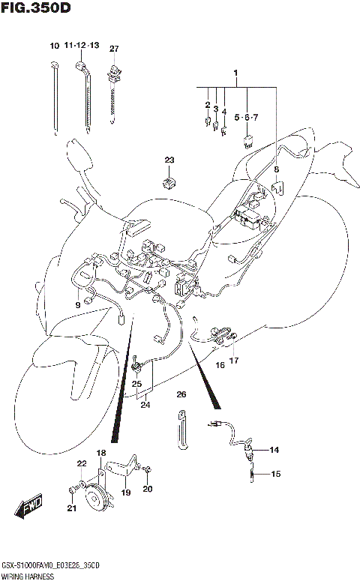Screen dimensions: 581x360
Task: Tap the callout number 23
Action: (169, 160)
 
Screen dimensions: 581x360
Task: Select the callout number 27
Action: (114, 49)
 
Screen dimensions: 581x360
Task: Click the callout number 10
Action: (54, 46)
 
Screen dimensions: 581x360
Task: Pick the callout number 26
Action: (181, 394)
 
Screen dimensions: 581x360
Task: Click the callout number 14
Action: (274, 450)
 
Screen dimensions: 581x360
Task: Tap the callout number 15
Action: (274, 474)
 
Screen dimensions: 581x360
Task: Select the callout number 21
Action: (71, 509)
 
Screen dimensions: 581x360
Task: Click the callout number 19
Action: (125, 493)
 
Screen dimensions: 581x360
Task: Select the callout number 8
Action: (276, 170)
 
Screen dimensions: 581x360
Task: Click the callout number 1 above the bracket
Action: (235, 73)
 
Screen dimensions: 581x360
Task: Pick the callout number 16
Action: (220, 365)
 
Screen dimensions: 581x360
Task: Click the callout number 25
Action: (136, 384)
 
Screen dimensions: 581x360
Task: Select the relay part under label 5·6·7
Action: (247, 138)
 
